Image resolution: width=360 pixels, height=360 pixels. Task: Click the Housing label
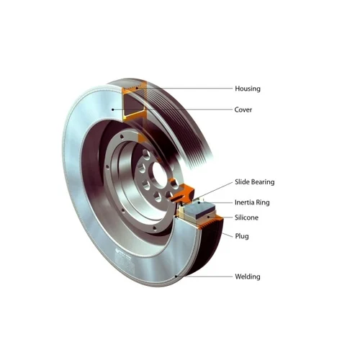(248, 89)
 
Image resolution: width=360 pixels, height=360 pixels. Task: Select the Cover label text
(243, 109)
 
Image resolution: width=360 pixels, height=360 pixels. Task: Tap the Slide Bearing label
(254, 182)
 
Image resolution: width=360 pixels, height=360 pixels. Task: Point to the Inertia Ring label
(252, 202)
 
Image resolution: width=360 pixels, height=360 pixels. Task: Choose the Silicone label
(246, 217)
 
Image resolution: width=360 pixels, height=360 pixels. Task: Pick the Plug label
(242, 236)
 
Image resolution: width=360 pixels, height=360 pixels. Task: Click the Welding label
(248, 276)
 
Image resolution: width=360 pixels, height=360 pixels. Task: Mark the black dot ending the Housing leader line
(137, 88)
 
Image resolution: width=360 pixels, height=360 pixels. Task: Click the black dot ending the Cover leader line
(113, 109)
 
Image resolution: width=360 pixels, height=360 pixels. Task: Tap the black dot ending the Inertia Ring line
(199, 203)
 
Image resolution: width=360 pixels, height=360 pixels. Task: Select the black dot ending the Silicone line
(209, 217)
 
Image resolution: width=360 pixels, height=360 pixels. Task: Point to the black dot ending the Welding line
(176, 276)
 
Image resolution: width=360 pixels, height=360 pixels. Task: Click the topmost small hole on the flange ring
(122, 137)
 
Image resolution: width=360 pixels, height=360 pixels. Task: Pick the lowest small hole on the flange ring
(155, 228)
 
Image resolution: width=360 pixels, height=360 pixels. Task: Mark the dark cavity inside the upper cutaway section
(132, 104)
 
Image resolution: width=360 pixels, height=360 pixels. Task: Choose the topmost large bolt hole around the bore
(146, 154)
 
